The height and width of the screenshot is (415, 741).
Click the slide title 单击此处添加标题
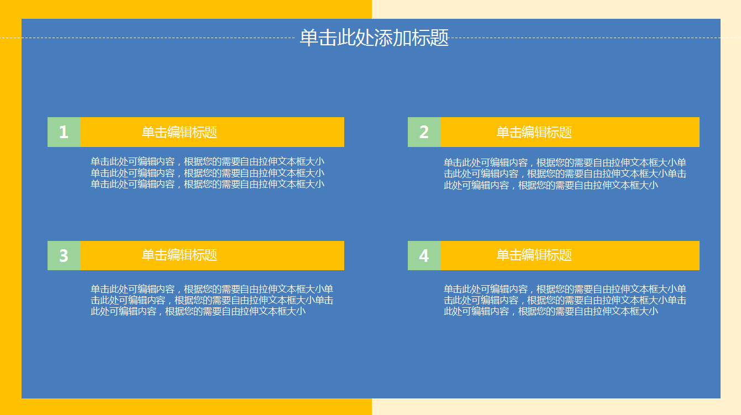[x=374, y=38]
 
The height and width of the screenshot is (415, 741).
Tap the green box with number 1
[x=64, y=132]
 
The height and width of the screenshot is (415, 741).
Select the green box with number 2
[x=424, y=132]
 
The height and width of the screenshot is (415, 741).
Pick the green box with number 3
[x=64, y=255]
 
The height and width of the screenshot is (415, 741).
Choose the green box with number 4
[x=424, y=255]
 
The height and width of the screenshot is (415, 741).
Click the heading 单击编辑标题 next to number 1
[x=179, y=132]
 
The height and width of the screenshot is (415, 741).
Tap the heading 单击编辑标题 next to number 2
[x=534, y=132]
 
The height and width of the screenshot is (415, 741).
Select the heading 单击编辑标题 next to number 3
[x=179, y=255]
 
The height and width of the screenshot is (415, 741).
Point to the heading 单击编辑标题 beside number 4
[x=534, y=255]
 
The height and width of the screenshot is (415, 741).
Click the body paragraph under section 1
[x=207, y=173]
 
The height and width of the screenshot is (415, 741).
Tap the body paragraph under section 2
[x=565, y=174]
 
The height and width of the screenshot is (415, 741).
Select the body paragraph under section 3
[x=212, y=300]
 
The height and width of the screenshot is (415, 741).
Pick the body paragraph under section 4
[x=565, y=300]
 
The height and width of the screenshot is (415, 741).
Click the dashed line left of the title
[x=149, y=38]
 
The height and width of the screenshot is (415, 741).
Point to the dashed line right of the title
[x=586, y=38]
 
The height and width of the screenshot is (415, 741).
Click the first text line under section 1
[x=207, y=162]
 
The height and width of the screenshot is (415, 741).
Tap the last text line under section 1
[x=207, y=184]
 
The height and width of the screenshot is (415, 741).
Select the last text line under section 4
[x=550, y=311]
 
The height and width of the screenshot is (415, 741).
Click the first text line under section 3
[x=212, y=289]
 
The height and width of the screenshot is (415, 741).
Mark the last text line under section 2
[x=550, y=185]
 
